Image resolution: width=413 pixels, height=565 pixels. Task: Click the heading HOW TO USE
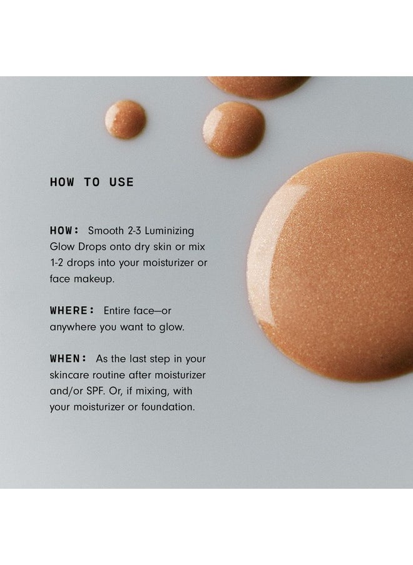click(91, 182)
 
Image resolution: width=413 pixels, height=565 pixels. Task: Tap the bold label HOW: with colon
click(66, 230)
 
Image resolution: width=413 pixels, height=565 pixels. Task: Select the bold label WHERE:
click(73, 311)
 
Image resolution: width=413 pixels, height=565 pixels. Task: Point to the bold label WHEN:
click(69, 359)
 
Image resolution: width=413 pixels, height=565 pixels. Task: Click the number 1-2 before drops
click(59, 262)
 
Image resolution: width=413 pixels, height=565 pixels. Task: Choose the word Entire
click(119, 311)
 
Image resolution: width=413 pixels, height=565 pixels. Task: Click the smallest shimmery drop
click(125, 119)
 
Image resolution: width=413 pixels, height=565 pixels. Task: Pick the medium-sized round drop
click(233, 129)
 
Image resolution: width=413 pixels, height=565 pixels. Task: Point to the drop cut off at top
click(258, 85)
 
